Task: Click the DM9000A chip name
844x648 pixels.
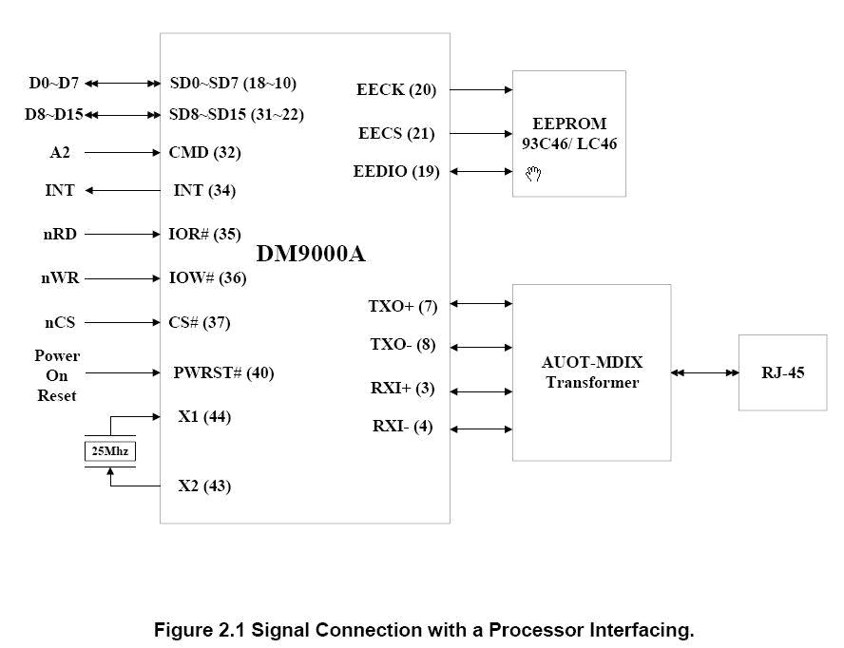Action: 311,254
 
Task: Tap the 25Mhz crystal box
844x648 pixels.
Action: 110,451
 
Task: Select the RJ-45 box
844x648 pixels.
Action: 782,372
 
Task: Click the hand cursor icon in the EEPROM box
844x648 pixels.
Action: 533,174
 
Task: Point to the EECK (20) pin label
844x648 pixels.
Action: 396,89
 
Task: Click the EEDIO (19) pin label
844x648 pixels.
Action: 396,171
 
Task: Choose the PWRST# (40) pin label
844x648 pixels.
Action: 223,372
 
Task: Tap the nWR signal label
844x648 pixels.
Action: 60,277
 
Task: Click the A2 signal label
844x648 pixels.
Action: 60,152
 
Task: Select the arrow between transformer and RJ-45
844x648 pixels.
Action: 704,372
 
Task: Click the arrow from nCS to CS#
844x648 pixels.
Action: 123,322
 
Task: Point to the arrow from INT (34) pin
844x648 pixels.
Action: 123,190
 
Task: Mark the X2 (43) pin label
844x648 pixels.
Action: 204,486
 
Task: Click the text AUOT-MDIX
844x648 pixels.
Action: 592,362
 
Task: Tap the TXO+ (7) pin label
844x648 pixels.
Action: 403,306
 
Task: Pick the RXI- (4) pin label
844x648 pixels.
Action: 403,427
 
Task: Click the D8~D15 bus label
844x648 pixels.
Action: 54,114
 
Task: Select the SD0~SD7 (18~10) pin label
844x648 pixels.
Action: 233,83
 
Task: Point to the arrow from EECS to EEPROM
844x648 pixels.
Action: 481,133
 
